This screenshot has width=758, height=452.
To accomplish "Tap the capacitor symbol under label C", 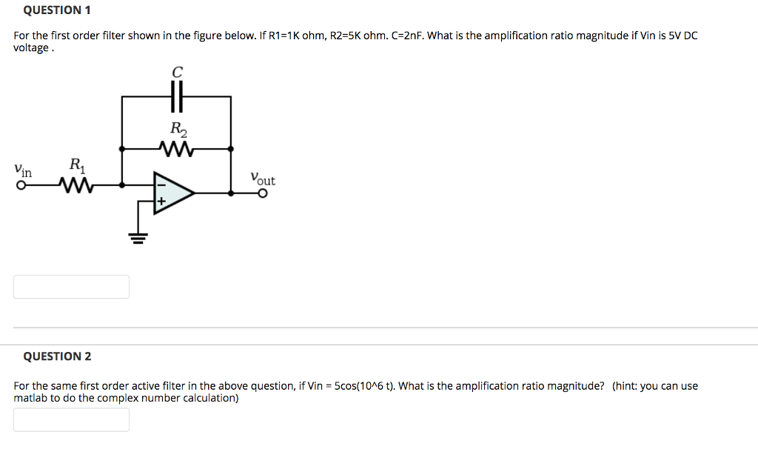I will click(x=176, y=96).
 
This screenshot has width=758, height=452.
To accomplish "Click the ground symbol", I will click(x=136, y=237).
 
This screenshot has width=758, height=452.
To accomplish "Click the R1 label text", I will click(x=76, y=164).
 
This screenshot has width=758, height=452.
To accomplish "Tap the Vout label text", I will click(x=262, y=179).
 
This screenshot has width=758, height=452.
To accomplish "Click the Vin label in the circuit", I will click(x=23, y=170).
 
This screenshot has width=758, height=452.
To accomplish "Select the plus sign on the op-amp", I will click(x=160, y=201).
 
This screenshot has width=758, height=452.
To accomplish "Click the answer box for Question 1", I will click(x=71, y=287).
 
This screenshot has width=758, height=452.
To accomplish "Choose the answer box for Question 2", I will click(x=71, y=419).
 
